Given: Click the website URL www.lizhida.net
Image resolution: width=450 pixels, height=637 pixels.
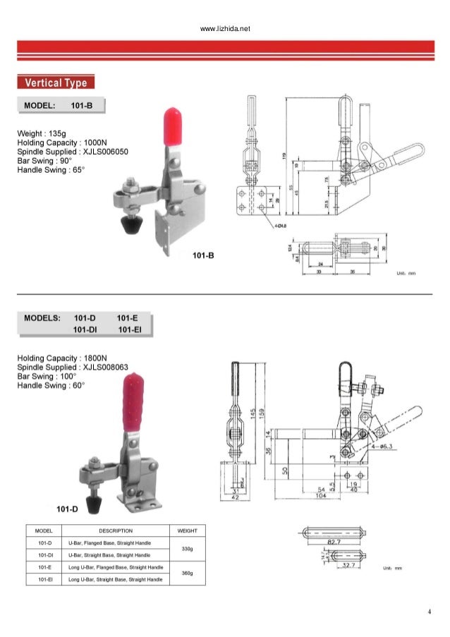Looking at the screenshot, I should pos(225,29).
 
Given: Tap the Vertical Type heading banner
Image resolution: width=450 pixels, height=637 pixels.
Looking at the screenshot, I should pos(56,83).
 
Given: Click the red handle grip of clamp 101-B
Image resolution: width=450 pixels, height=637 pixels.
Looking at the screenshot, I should pos(171,127).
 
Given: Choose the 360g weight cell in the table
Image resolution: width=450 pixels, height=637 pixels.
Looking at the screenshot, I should pos(187,573).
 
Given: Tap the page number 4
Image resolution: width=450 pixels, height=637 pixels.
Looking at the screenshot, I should pos(429,611).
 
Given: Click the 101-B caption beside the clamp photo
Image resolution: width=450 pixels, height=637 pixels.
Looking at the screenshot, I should pos(203,254).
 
